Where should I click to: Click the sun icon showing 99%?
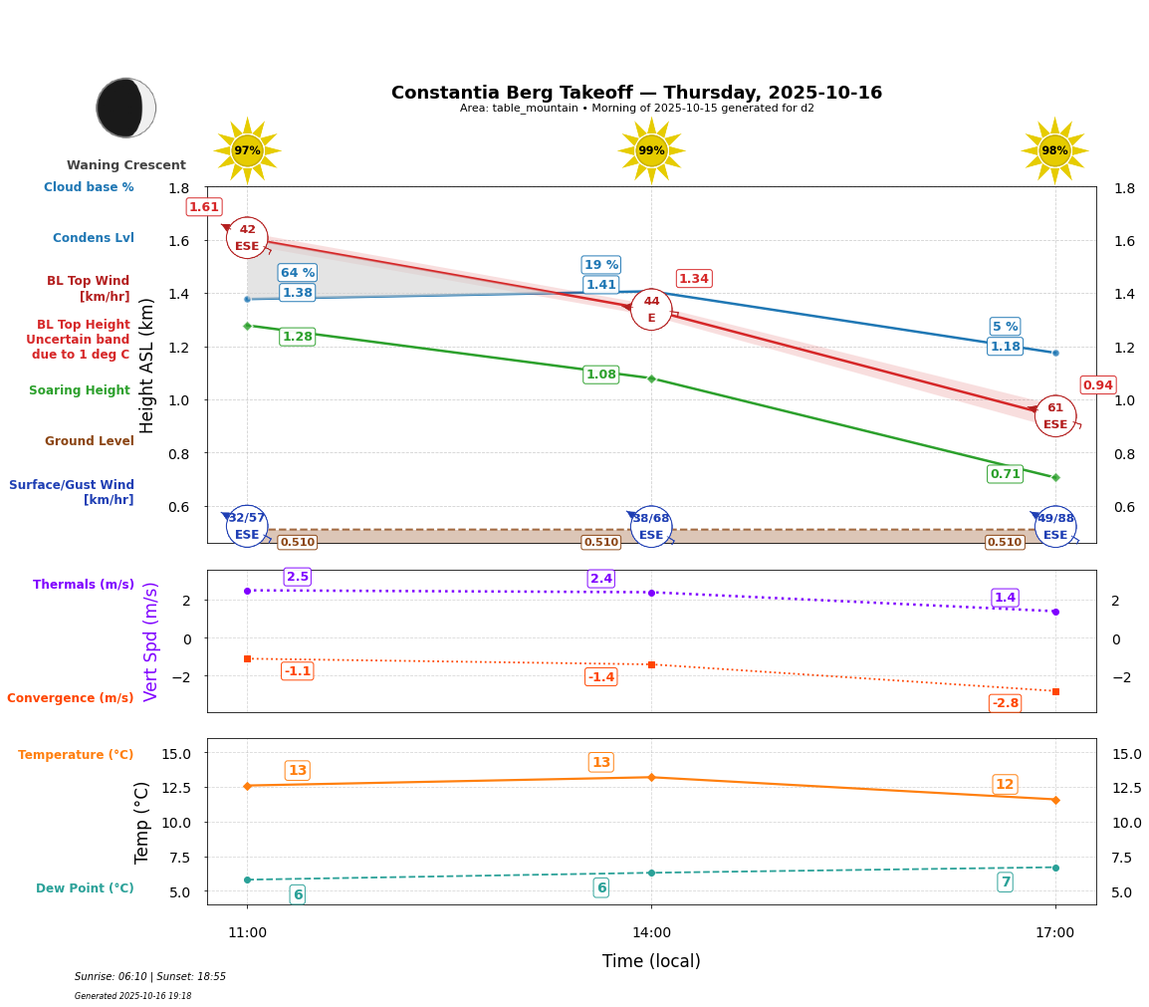[x=651, y=150]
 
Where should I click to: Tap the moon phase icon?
[x=125, y=108]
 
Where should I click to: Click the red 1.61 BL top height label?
[x=204, y=207]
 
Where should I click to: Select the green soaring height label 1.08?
[x=600, y=375]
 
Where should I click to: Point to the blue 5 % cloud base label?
[x=1005, y=327]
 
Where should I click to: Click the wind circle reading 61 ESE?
[x=1055, y=416]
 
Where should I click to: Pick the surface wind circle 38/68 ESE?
[x=651, y=527]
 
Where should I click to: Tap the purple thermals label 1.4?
[x=1005, y=598]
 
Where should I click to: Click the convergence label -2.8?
[x=1005, y=703]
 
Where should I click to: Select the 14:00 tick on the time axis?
[x=651, y=932]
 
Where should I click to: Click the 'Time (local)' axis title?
[x=651, y=961]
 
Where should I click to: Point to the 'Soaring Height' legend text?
[x=80, y=390]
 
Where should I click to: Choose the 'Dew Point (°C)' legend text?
[x=85, y=888]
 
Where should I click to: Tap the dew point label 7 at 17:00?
[x=1005, y=882]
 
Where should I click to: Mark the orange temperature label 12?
[x=1005, y=785]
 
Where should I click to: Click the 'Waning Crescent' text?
[x=126, y=165]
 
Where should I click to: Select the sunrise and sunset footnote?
[x=150, y=977]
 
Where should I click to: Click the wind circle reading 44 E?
[x=651, y=310]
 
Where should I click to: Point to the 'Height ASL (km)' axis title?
[x=147, y=365]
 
